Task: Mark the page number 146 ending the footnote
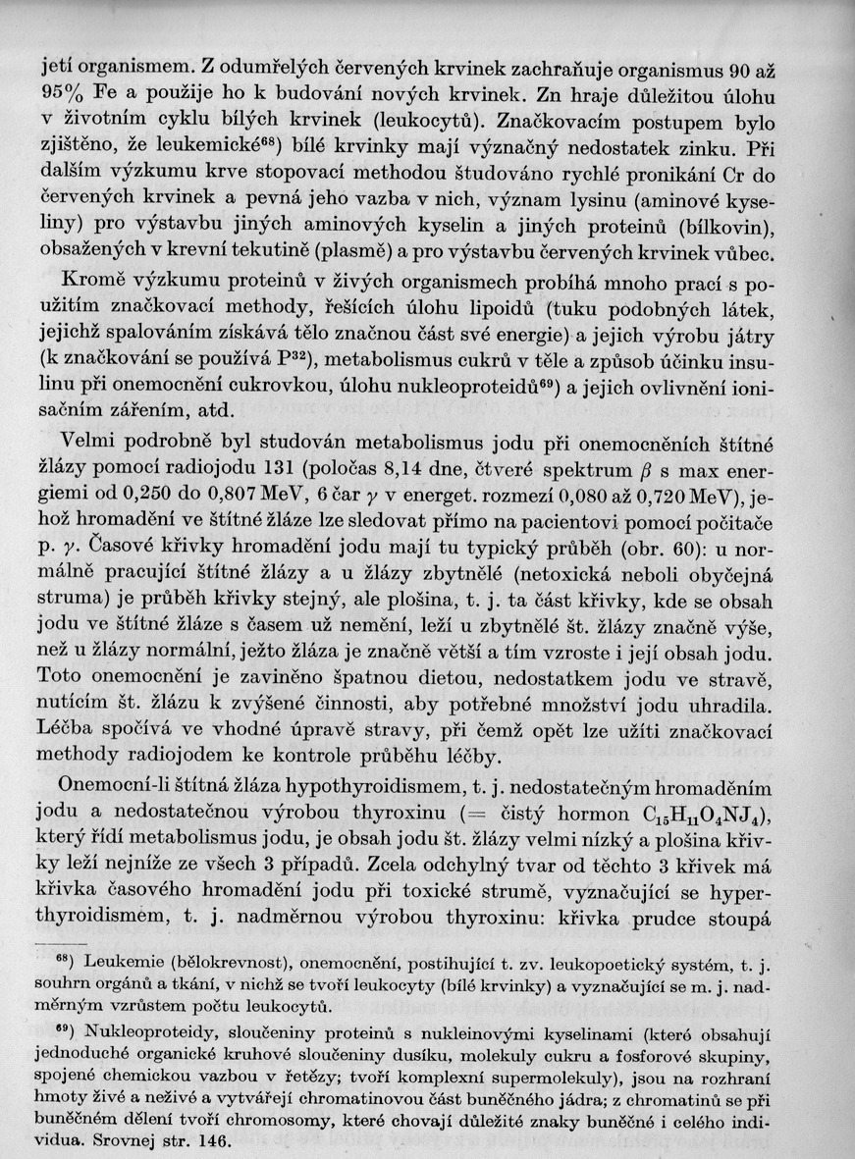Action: [207, 1141]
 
